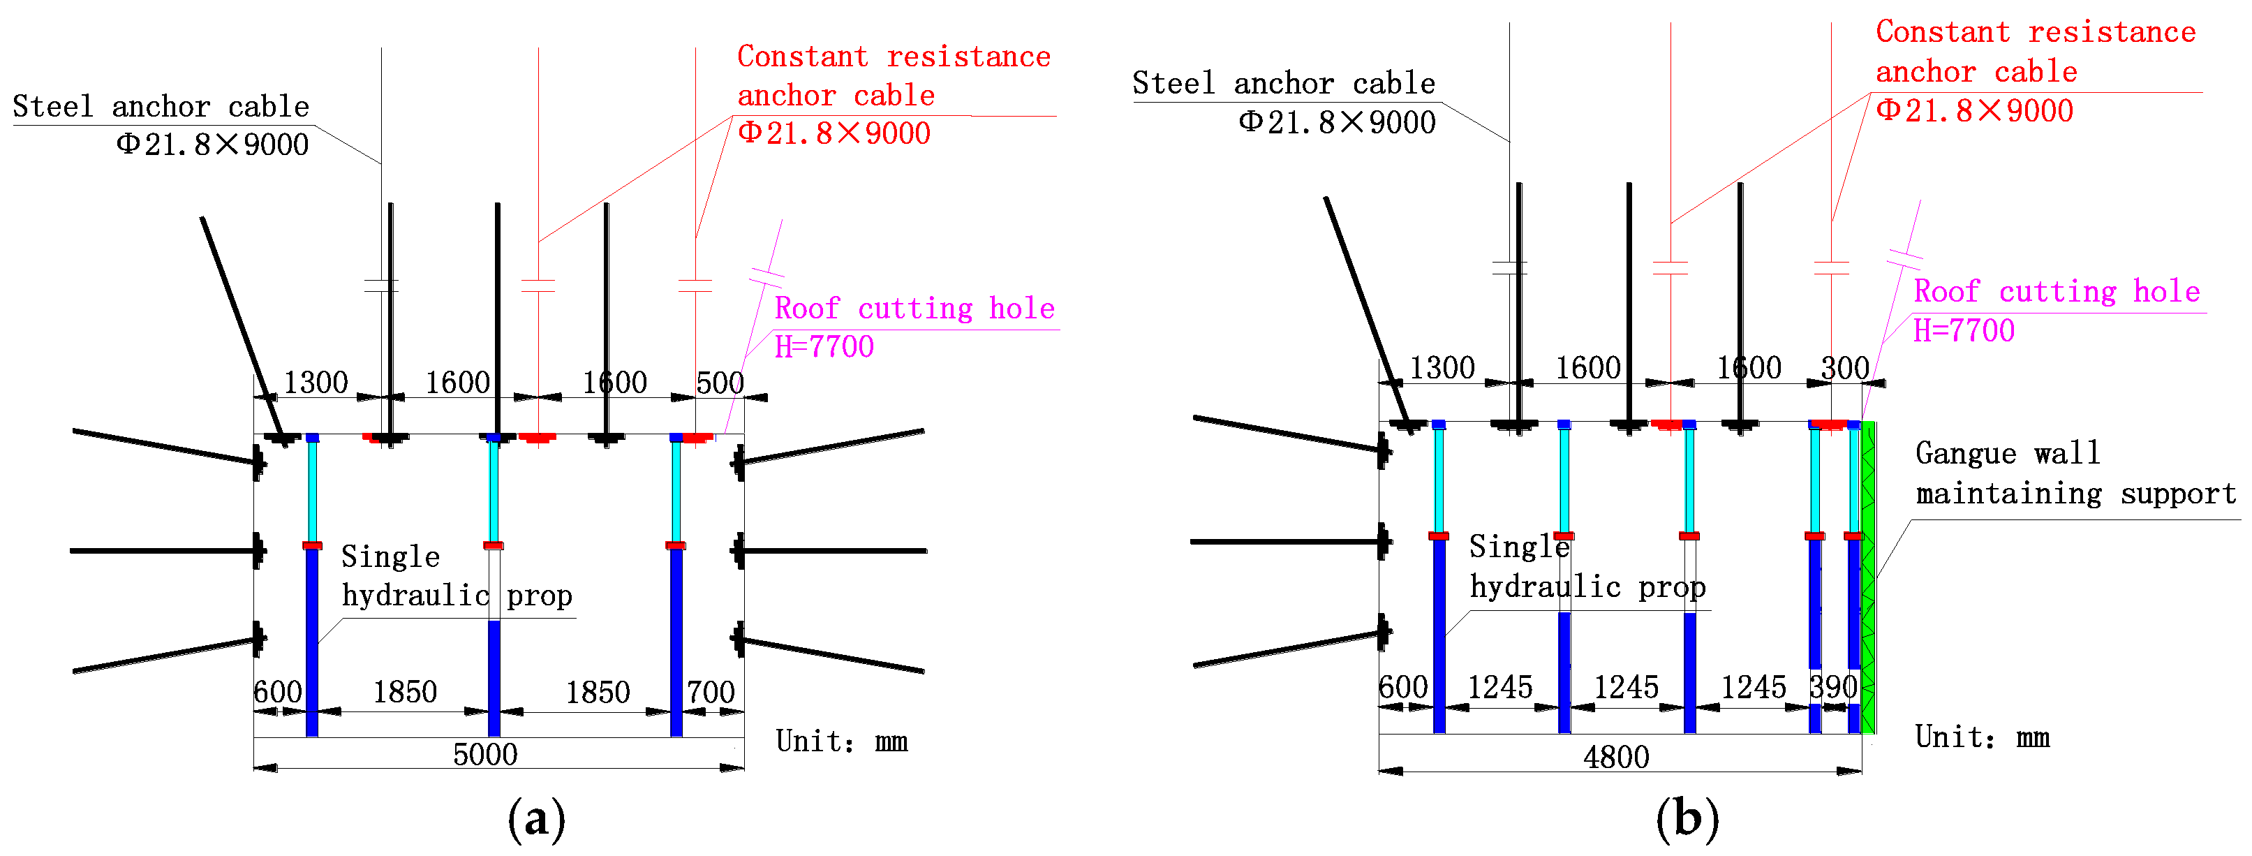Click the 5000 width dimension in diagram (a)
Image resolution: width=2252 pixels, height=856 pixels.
coord(485,753)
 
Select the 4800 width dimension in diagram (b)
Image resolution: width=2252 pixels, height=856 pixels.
coord(1615,756)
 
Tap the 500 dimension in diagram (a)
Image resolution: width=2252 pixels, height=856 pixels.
coord(720,383)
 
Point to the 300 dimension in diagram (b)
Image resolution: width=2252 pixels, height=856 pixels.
coord(1844,368)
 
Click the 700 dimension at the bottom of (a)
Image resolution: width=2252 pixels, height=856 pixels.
coord(710,693)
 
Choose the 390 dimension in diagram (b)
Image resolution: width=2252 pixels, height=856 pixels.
coord(1833,687)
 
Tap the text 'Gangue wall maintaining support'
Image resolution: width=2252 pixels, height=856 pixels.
coord(2075,473)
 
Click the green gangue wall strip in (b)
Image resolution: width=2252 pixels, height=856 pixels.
coord(1868,577)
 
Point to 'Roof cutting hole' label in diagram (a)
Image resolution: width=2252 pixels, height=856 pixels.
coord(914,309)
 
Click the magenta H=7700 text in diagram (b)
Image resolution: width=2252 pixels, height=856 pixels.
coord(1964,330)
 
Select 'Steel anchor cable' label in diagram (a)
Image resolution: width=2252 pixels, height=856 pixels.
coord(161,107)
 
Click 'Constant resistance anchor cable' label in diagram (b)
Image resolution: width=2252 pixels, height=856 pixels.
coord(2035,52)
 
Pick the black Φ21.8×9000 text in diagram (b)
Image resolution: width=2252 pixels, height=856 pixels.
coord(1337,122)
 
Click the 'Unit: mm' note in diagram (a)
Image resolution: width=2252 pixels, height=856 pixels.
coord(842,741)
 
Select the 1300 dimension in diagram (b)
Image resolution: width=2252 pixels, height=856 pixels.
coord(1442,368)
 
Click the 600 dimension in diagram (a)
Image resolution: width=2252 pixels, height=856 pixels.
coord(278,693)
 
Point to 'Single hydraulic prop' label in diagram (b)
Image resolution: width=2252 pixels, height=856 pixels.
coord(1587,566)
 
